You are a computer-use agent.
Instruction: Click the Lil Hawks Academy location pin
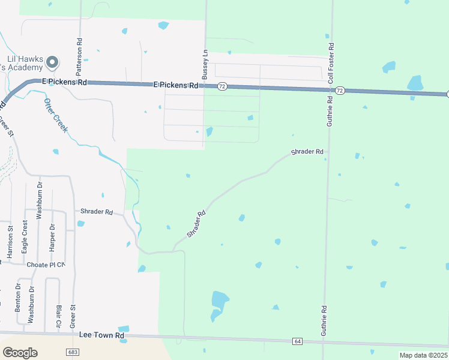pos(52,62)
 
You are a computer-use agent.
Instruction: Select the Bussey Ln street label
pos(205,65)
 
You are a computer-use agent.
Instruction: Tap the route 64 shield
pos(298,341)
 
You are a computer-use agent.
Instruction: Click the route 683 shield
pos(73,352)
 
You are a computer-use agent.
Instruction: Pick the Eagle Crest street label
pos(25,236)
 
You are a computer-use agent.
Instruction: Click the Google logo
pos(20,352)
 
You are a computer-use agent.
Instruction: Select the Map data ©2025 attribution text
pos(423,355)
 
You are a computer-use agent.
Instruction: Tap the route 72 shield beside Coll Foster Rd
pos(340,91)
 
